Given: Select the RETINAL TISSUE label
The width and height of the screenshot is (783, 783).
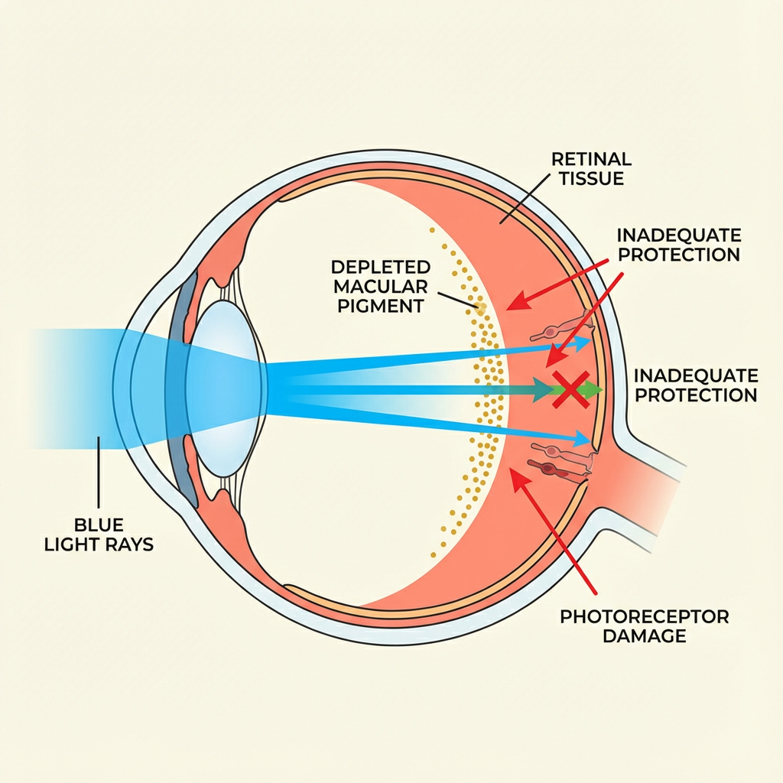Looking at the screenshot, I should pyautogui.click(x=592, y=168).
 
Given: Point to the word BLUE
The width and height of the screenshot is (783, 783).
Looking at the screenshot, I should pyautogui.click(x=99, y=525).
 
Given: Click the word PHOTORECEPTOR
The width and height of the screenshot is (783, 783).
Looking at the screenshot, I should pyautogui.click(x=645, y=616).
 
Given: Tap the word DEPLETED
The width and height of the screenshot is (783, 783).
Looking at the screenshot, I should pyautogui.click(x=380, y=268).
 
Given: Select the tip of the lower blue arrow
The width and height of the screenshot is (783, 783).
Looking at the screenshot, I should pyautogui.click(x=590, y=440).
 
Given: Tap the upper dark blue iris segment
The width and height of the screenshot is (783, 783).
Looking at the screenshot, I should pyautogui.click(x=186, y=310).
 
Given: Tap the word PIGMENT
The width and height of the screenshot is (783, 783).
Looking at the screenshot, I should pyautogui.click(x=390, y=306).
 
